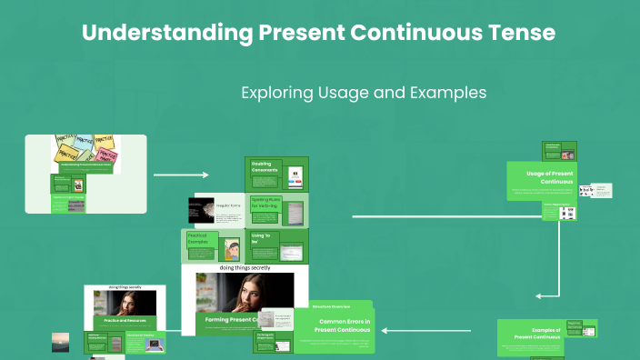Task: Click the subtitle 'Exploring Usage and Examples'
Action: pyautogui.click(x=364, y=93)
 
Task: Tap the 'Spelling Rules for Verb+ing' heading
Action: pyautogui.click(x=267, y=205)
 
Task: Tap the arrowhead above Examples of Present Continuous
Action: pyautogui.click(x=540, y=295)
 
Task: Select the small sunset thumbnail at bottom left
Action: pyautogui.click(x=60, y=342)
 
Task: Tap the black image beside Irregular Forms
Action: pyautogui.click(x=200, y=211)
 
